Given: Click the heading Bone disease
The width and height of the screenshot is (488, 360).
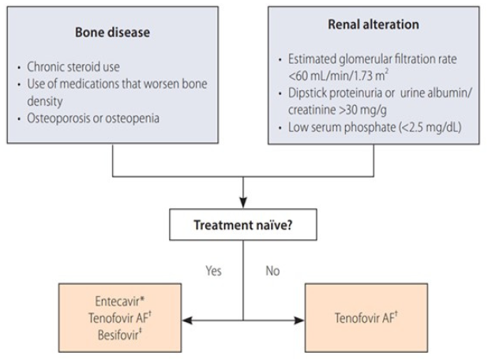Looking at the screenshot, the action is coord(112,32).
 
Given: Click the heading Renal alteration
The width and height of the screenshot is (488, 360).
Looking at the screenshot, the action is coord(374,24).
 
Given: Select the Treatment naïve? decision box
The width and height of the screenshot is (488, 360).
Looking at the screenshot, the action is coord(243,225).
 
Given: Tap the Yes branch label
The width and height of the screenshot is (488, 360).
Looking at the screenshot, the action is coord(213,271).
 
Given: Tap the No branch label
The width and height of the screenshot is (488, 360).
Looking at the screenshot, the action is coord(272,271).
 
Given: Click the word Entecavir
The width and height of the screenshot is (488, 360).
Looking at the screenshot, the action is coord(118,302).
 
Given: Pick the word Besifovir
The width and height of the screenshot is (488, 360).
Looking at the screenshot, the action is coord(118,335).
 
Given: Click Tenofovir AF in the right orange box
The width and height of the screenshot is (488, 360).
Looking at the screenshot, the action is coord(364,318).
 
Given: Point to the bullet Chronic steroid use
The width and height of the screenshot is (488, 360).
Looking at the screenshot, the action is coord(73,66).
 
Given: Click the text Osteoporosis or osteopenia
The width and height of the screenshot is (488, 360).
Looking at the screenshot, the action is coord(93,118).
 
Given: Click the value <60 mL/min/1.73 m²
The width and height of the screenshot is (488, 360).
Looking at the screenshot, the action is coord(338,76).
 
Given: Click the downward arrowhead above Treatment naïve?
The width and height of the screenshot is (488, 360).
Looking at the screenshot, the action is coord(243,203).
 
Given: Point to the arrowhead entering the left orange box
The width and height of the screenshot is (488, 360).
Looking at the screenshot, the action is coord(187,321).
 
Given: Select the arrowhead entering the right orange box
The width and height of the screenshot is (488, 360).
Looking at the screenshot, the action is coord(299,321).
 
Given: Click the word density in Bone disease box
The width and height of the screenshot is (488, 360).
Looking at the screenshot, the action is coord(45,101).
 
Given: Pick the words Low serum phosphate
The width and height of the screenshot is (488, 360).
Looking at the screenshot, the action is coord(342,127).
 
